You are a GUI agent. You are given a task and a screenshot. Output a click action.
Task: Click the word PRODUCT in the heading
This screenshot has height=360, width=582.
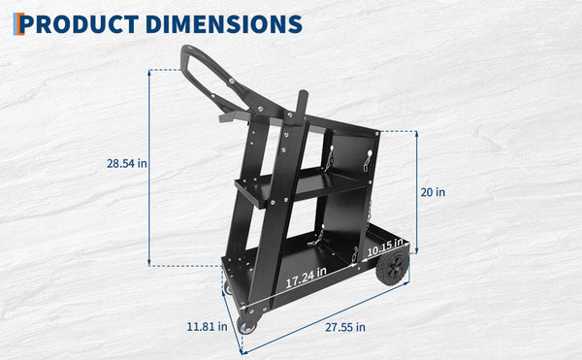pyautogui.click(x=80, y=24)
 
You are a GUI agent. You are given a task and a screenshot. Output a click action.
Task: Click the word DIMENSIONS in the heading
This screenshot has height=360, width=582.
pyautogui.click(x=224, y=24)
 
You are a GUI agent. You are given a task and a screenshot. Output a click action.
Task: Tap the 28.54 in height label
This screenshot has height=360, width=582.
pyautogui.click(x=126, y=163)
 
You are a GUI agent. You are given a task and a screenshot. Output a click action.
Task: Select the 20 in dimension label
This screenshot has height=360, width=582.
pyautogui.click(x=433, y=192)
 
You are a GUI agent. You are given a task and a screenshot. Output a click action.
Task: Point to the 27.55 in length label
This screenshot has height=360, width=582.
pyautogui.click(x=345, y=327)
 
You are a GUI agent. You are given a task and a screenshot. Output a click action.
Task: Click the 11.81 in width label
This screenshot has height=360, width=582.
pyautogui.click(x=207, y=327)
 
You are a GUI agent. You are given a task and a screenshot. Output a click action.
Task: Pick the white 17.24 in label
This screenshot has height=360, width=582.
pyautogui.click(x=307, y=277)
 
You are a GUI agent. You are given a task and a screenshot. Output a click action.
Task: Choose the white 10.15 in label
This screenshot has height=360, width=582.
pyautogui.click(x=385, y=247)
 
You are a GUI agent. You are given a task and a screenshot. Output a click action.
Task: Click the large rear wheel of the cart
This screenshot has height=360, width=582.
pyautogui.click(x=392, y=266)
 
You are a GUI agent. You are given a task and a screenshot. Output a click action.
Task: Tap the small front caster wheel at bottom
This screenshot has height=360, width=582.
pyautogui.click(x=246, y=326)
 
